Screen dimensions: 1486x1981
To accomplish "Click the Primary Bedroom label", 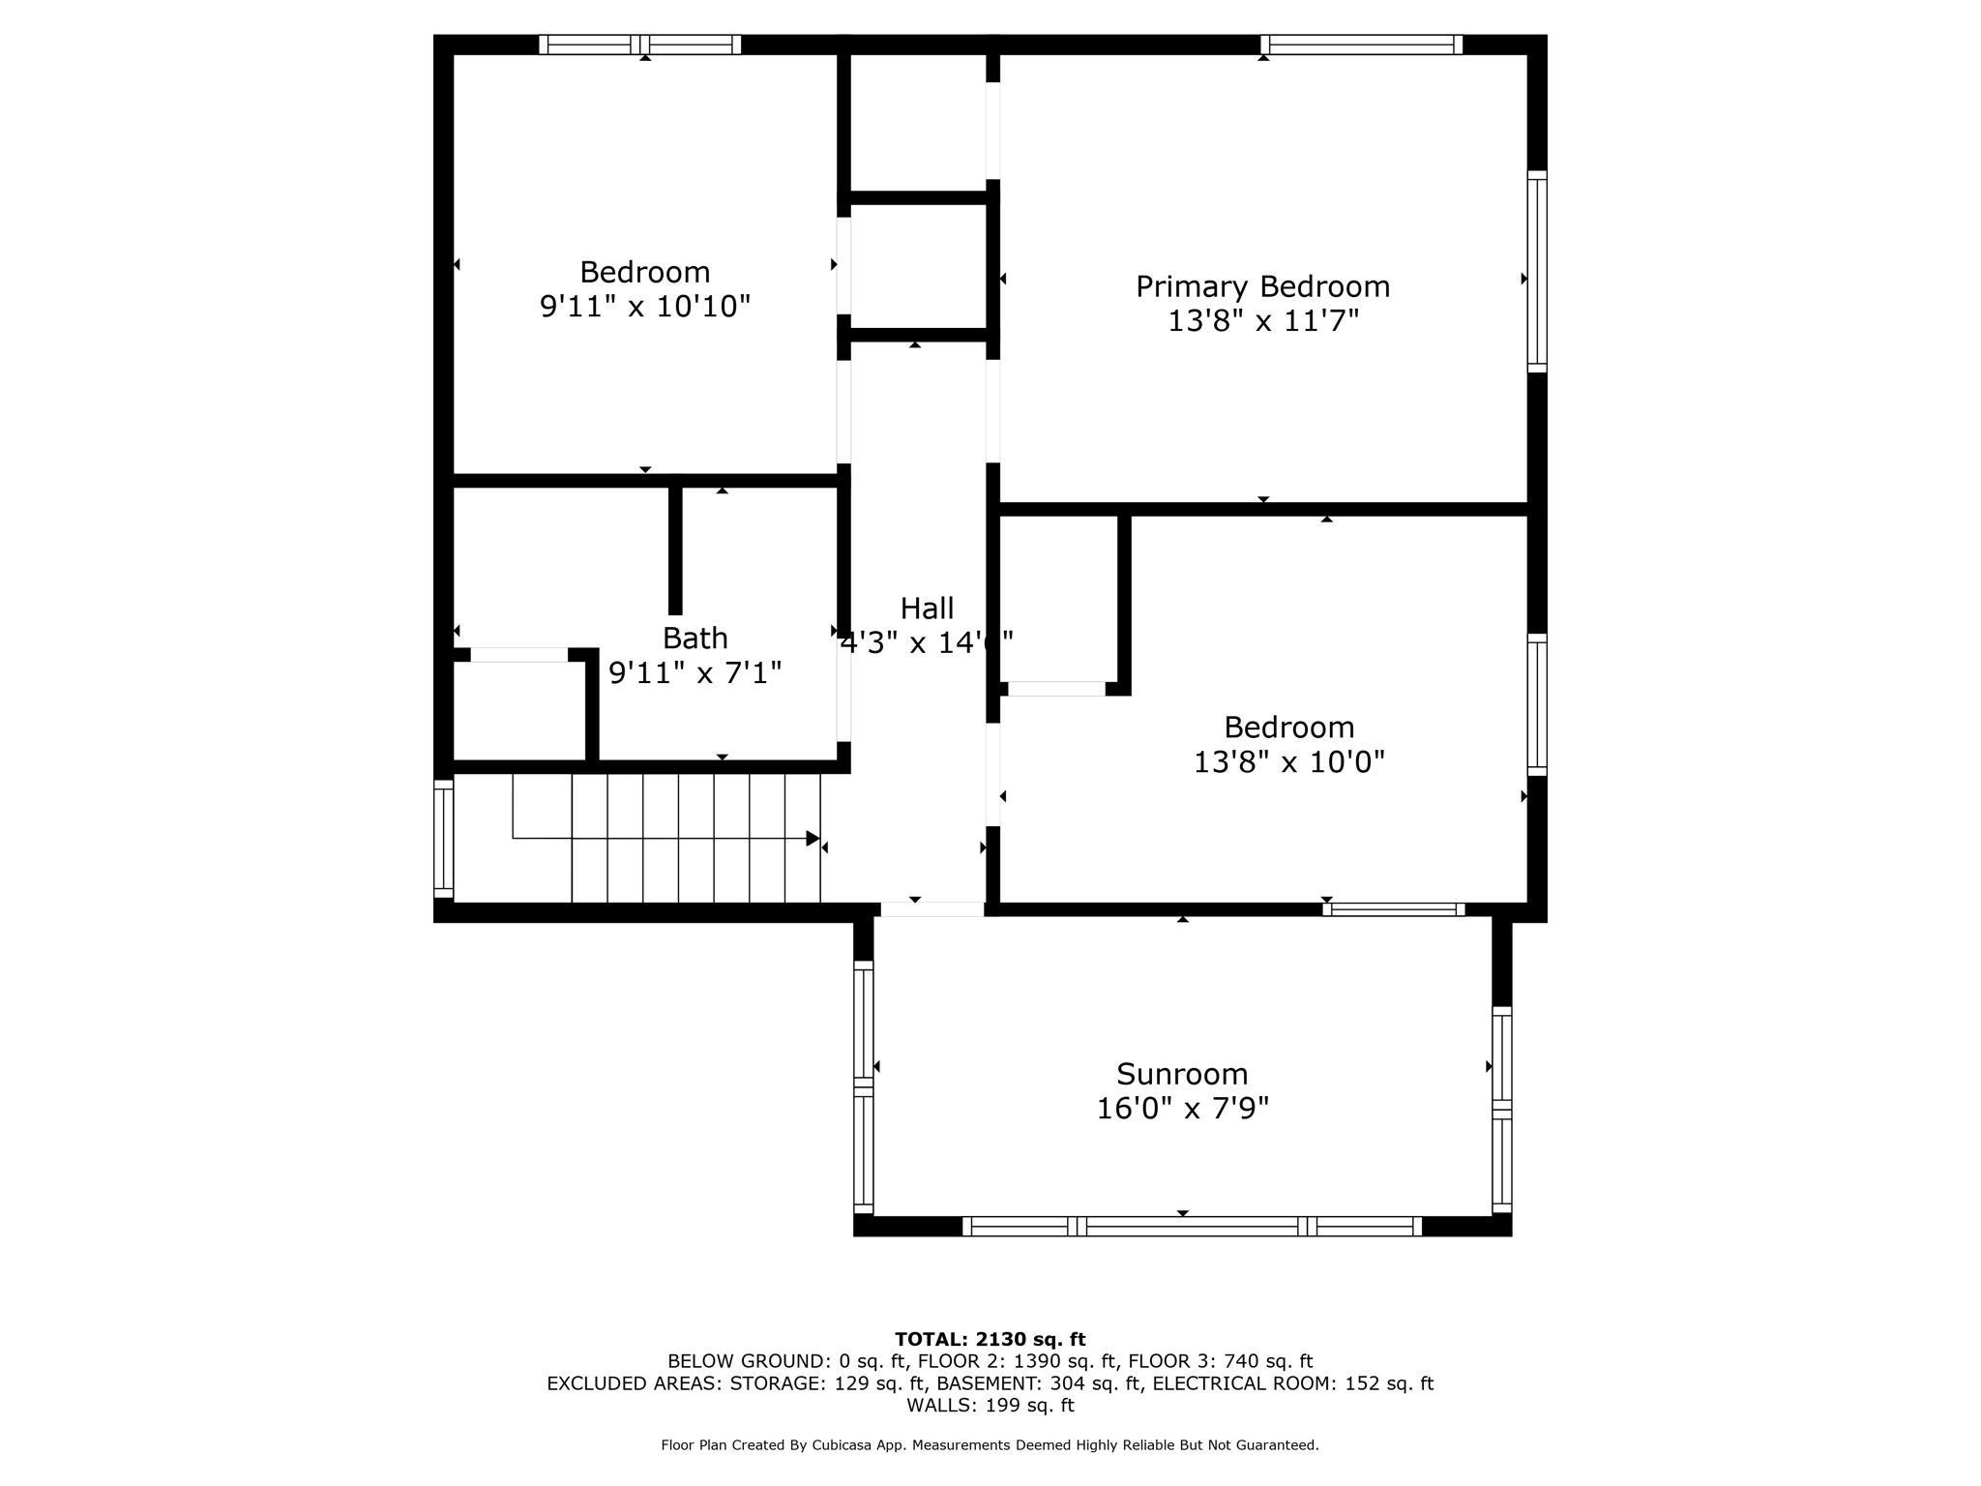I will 1262,286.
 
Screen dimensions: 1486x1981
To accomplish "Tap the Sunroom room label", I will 1182,1074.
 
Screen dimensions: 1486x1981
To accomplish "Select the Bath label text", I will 695,639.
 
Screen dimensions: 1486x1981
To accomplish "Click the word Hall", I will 927,609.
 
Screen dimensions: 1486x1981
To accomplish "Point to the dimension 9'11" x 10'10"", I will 645,307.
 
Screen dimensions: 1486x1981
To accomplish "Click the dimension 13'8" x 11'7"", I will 1263,321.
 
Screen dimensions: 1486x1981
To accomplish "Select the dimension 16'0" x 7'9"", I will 1182,1109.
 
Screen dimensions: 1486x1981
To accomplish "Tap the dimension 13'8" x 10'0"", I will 1288,762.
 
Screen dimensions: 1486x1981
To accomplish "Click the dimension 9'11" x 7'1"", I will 695,672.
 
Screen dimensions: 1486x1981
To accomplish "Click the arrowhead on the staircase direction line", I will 813,839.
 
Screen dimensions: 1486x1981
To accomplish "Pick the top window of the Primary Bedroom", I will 1361,45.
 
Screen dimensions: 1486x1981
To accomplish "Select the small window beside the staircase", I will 443,839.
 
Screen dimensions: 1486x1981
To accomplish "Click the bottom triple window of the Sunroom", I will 1192,1227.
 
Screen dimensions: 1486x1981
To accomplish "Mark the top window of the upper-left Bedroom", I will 639,45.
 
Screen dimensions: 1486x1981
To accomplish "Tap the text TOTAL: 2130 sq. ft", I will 990,1339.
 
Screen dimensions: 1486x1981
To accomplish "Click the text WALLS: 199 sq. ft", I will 990,1405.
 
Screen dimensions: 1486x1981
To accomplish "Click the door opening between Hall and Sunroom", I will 931,909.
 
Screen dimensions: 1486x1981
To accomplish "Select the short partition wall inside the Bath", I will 675,550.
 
